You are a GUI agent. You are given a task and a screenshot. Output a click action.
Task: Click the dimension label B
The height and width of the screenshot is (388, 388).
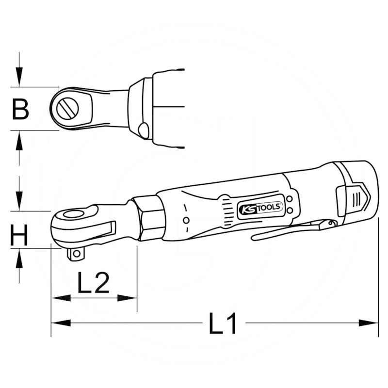pos(20,109)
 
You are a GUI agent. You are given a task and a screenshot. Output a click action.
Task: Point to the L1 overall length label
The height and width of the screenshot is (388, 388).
pos(223,323)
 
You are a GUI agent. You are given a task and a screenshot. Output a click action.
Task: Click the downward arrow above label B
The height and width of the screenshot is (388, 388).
pos(19,78)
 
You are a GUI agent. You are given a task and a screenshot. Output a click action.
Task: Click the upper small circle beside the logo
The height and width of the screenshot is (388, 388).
pos(290,199)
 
